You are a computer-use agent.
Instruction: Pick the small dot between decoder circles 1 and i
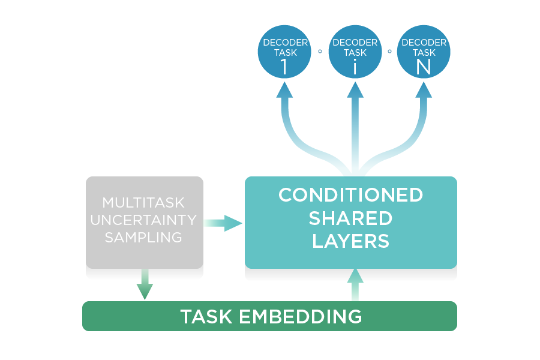point(320,52)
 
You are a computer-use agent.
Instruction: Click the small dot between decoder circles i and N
point(389,52)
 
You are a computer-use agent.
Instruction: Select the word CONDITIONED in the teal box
point(350,195)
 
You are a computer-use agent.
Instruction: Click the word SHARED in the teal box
point(350,218)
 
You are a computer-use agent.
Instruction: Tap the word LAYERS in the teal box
point(350,241)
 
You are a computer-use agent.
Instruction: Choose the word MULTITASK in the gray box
point(144,203)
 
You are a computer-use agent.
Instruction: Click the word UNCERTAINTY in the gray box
point(144,220)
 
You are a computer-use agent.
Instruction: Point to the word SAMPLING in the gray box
point(144,238)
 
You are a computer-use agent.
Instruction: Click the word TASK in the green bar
point(207,316)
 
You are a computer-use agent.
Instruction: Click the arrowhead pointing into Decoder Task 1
point(284,90)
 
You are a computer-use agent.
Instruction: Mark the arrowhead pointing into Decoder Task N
point(424,90)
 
